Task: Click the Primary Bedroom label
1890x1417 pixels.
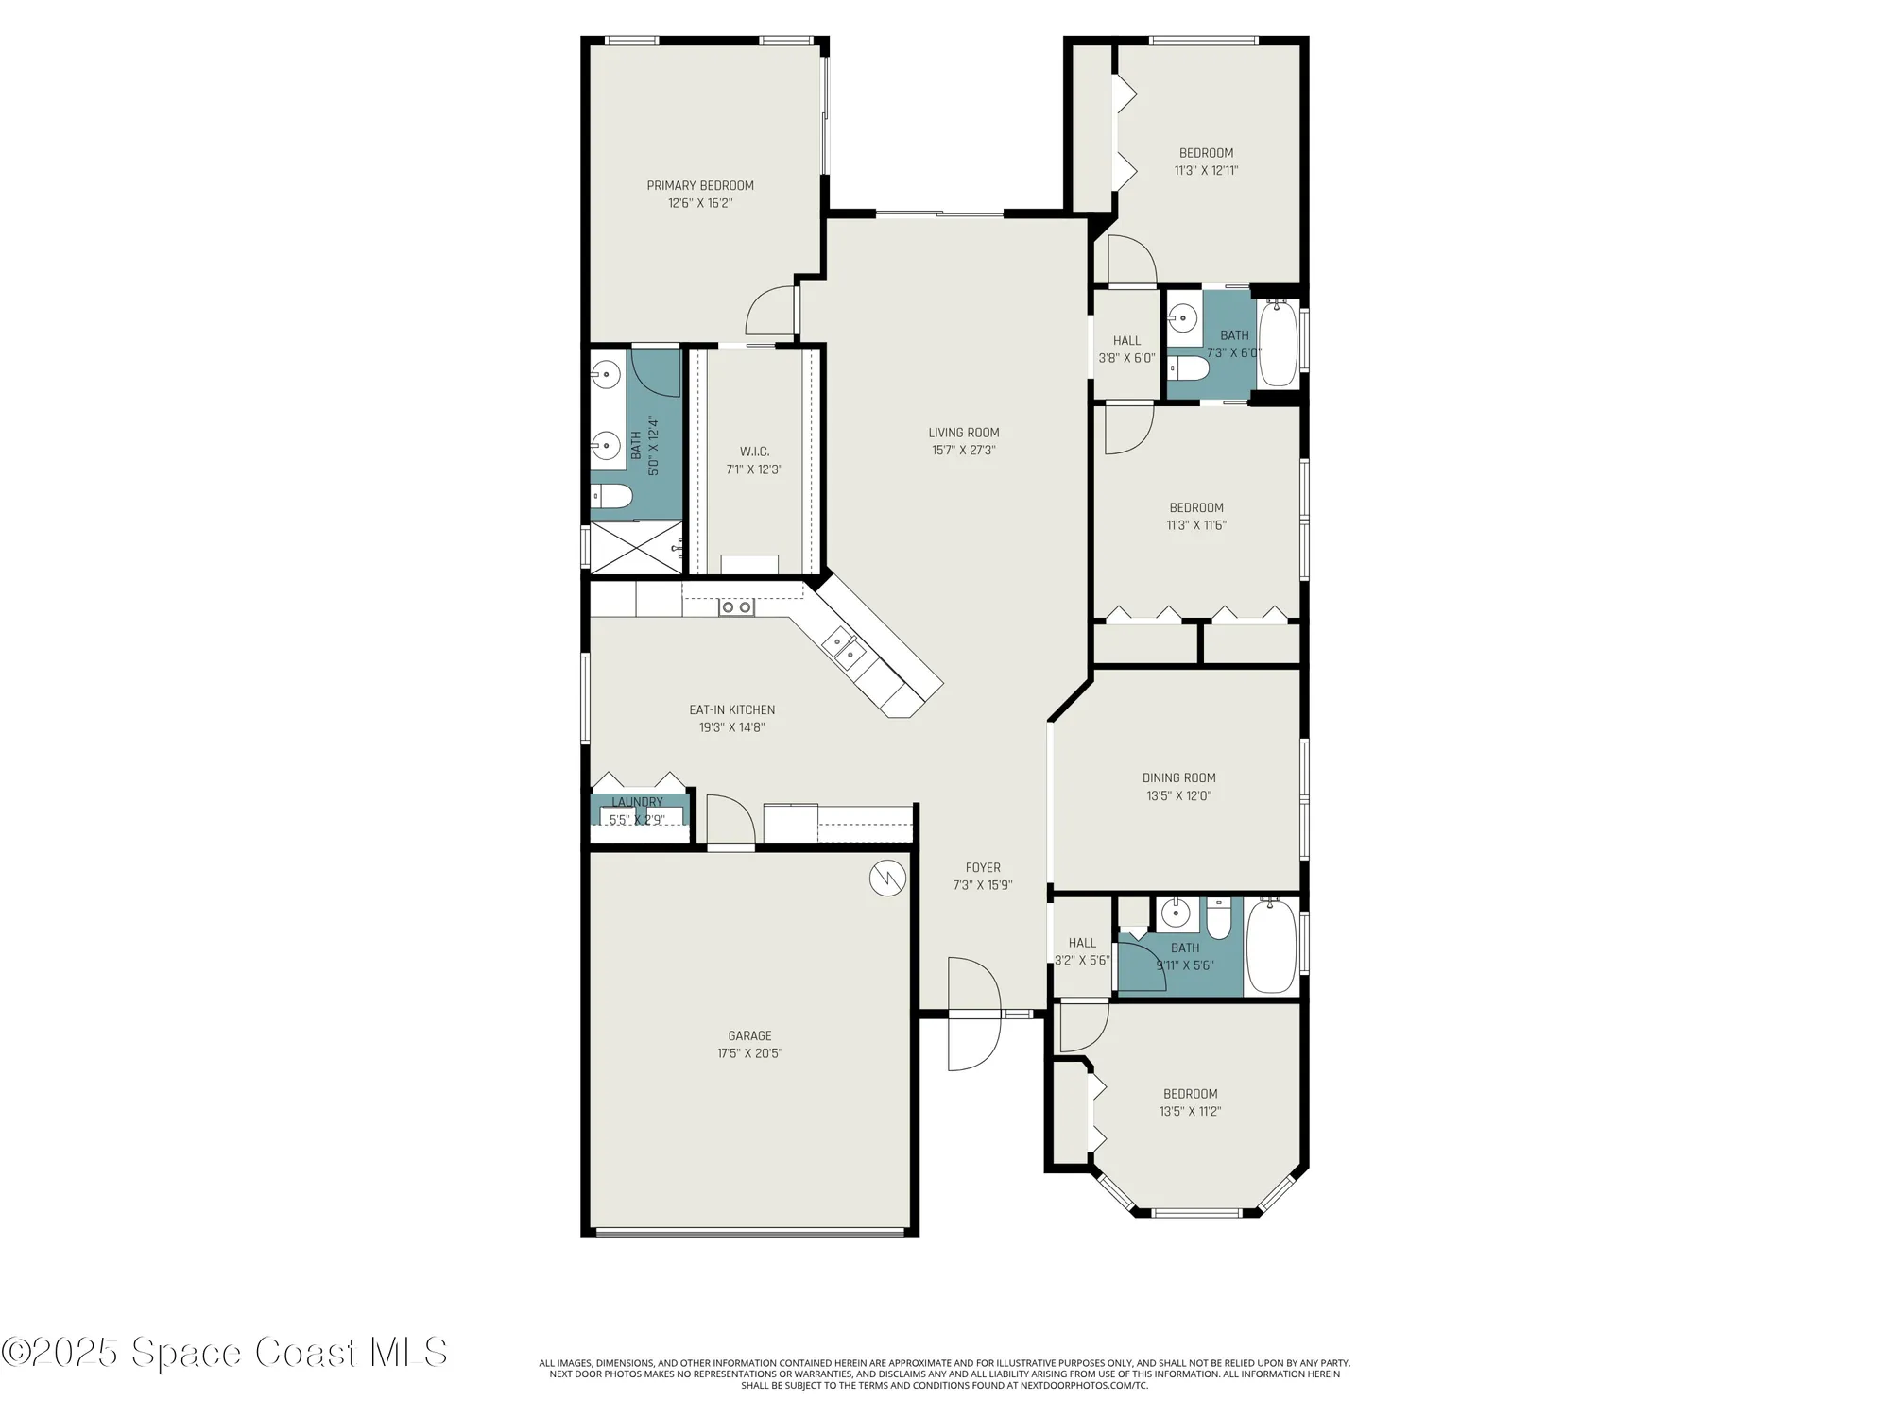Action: click(700, 186)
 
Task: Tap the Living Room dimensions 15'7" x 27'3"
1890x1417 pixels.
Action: click(963, 451)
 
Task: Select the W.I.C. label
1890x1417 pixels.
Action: click(754, 452)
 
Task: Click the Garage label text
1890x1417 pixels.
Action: click(749, 1035)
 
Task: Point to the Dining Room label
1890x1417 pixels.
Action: click(1178, 778)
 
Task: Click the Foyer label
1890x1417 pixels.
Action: click(983, 867)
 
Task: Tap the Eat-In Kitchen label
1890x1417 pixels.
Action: click(731, 710)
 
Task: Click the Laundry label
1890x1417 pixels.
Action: click(637, 802)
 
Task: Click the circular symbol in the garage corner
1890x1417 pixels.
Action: click(887, 879)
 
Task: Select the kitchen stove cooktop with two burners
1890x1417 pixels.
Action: click(736, 607)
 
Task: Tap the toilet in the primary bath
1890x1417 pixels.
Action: click(610, 496)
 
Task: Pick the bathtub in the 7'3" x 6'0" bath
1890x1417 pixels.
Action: click(1278, 343)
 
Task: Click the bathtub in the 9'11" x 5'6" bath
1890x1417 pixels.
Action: click(1271, 947)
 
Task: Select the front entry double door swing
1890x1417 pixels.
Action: click(973, 1014)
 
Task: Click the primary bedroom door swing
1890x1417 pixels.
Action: click(770, 311)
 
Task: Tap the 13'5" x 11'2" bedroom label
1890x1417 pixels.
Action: click(1190, 1102)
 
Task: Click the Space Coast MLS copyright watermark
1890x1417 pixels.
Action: click(224, 1353)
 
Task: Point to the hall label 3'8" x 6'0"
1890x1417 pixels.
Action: click(1126, 350)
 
